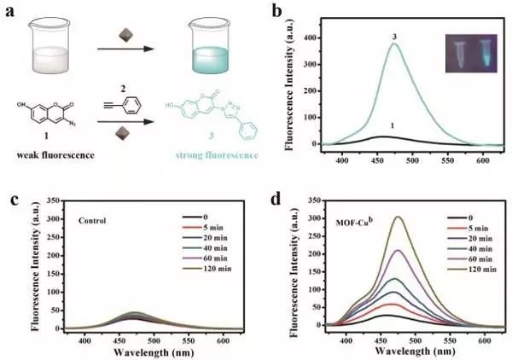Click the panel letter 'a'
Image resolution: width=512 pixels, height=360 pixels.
pos(9,11)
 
